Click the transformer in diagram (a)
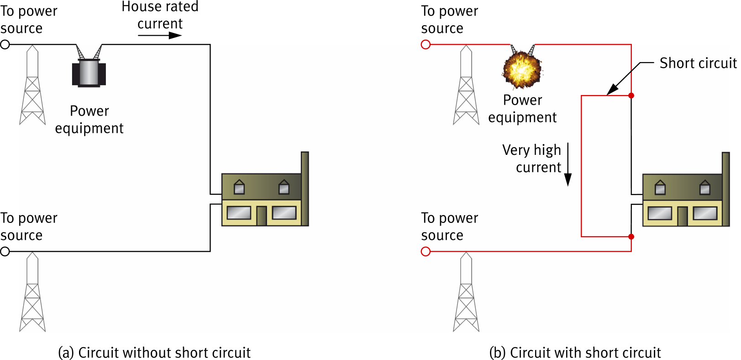click(89, 73)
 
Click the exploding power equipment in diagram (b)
click(522, 70)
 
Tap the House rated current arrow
click(159, 36)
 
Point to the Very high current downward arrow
click(568, 164)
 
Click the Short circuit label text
click(698, 63)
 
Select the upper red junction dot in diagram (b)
click(631, 95)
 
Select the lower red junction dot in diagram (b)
click(631, 237)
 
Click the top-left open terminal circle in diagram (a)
click(5, 44)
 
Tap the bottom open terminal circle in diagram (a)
click(5, 251)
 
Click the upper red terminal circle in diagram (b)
click(426, 44)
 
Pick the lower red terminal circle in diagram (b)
click(426, 251)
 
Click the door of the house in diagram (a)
click(261, 216)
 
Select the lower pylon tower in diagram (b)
click(466, 292)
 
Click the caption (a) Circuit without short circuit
click(154, 352)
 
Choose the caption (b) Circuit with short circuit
click(575, 352)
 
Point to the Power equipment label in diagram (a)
click(89, 120)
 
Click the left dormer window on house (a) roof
click(239, 187)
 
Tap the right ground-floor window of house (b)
click(705, 213)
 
